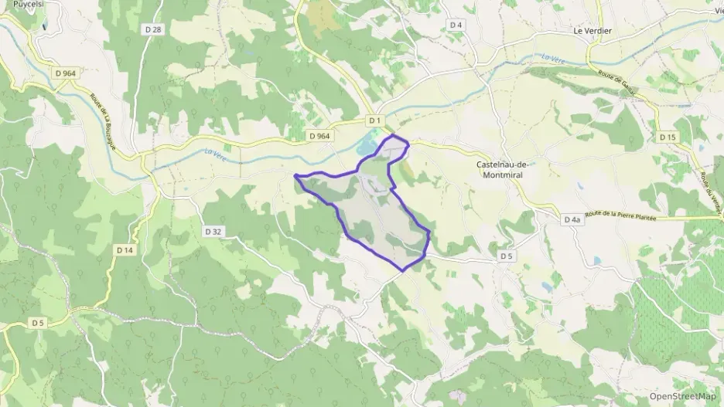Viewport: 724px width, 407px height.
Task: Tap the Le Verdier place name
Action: coord(592,31)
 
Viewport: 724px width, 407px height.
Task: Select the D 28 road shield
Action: coord(153,29)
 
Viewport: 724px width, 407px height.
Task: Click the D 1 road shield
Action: coord(374,120)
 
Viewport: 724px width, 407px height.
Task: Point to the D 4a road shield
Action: coord(572,220)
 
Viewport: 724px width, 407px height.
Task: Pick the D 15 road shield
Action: coord(668,137)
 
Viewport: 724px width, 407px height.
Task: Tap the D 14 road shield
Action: coord(125,250)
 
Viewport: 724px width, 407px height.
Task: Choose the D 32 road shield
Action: coord(213,231)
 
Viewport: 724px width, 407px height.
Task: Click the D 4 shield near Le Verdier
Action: coord(456,25)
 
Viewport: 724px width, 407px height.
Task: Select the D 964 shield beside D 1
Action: coord(319,136)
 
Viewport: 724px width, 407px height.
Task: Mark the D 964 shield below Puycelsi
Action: coord(65,73)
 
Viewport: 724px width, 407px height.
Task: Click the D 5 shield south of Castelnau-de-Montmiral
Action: coord(506,256)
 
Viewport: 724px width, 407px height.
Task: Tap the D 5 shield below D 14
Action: coord(38,322)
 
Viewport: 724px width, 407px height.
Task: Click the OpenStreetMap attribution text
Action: coord(682,396)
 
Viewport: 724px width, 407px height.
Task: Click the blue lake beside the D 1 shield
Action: coord(367,144)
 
